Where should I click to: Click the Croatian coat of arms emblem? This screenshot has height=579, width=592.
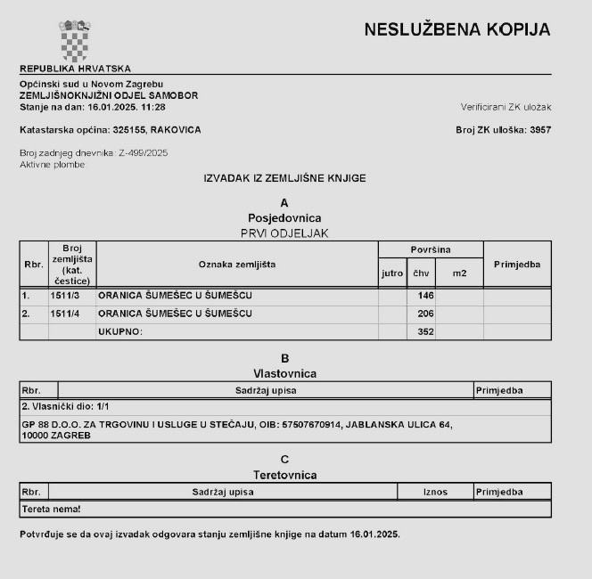[x=75, y=40]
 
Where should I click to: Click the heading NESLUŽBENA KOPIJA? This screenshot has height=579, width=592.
[x=457, y=29]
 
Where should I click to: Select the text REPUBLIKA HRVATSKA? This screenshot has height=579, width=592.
[x=75, y=69]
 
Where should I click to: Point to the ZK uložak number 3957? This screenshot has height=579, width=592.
[x=540, y=129]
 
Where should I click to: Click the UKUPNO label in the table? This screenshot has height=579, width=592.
[x=120, y=331]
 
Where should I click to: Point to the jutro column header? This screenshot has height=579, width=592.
[x=392, y=273]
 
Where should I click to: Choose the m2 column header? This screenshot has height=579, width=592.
[x=459, y=273]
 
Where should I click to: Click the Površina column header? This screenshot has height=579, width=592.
[x=431, y=249]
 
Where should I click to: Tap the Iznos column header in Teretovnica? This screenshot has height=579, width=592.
[x=436, y=491]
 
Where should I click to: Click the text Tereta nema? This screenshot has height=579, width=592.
[x=51, y=509]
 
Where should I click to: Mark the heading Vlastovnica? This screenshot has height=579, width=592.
[x=284, y=373]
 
